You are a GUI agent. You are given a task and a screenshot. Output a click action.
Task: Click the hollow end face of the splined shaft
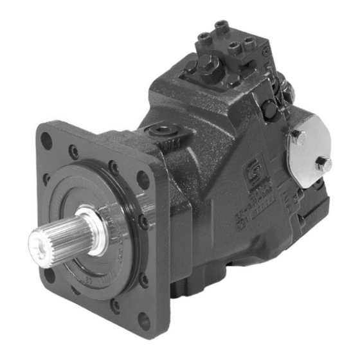[39, 247]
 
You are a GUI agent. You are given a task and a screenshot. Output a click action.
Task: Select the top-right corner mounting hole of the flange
[142, 178]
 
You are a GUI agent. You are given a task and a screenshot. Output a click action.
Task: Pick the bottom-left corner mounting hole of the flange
[50, 277]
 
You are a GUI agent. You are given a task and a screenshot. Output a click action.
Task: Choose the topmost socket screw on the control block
[222, 26]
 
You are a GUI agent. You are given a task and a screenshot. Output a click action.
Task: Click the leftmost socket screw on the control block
[203, 39]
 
